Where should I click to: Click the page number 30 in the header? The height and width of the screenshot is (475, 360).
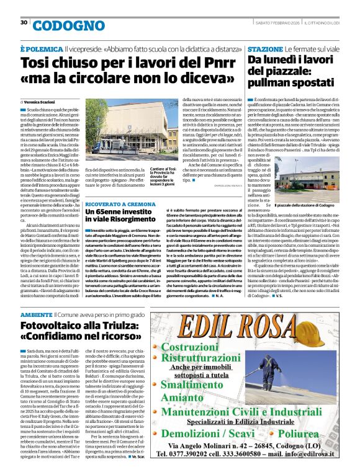(x=24, y=23)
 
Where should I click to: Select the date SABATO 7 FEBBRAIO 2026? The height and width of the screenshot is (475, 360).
(x=277, y=22)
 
